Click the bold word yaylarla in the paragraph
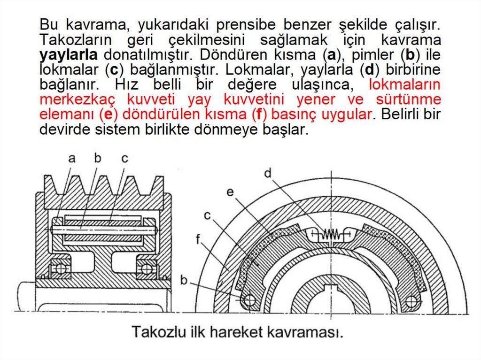point(69,54)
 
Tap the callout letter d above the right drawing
point(268,173)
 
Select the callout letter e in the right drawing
point(230,192)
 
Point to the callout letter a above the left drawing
point(71,159)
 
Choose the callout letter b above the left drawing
point(98,159)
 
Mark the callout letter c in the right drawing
point(207,215)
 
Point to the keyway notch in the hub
point(332,287)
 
